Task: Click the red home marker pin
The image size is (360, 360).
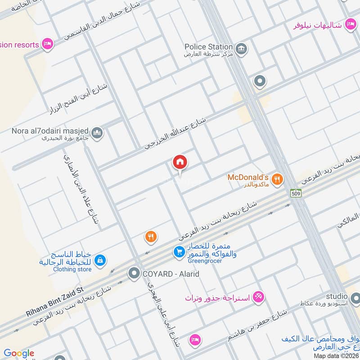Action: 180,162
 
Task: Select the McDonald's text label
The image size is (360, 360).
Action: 247,177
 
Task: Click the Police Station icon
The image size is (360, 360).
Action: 241,47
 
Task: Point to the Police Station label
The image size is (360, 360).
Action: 208,47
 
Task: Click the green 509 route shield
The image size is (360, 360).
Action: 295,193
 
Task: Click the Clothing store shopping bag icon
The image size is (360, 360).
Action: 100,260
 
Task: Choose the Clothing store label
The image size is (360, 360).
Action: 72,270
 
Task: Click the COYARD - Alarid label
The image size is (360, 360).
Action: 171,274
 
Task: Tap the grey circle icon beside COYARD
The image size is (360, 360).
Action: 134,273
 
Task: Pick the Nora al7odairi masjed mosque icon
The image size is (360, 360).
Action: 97,133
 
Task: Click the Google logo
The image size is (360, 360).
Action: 19,354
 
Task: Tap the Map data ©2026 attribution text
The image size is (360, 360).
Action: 336,355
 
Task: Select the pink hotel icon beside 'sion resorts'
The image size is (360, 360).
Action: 47,44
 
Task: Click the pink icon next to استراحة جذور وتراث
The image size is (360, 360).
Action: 259,297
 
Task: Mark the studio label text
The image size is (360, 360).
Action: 337,296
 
